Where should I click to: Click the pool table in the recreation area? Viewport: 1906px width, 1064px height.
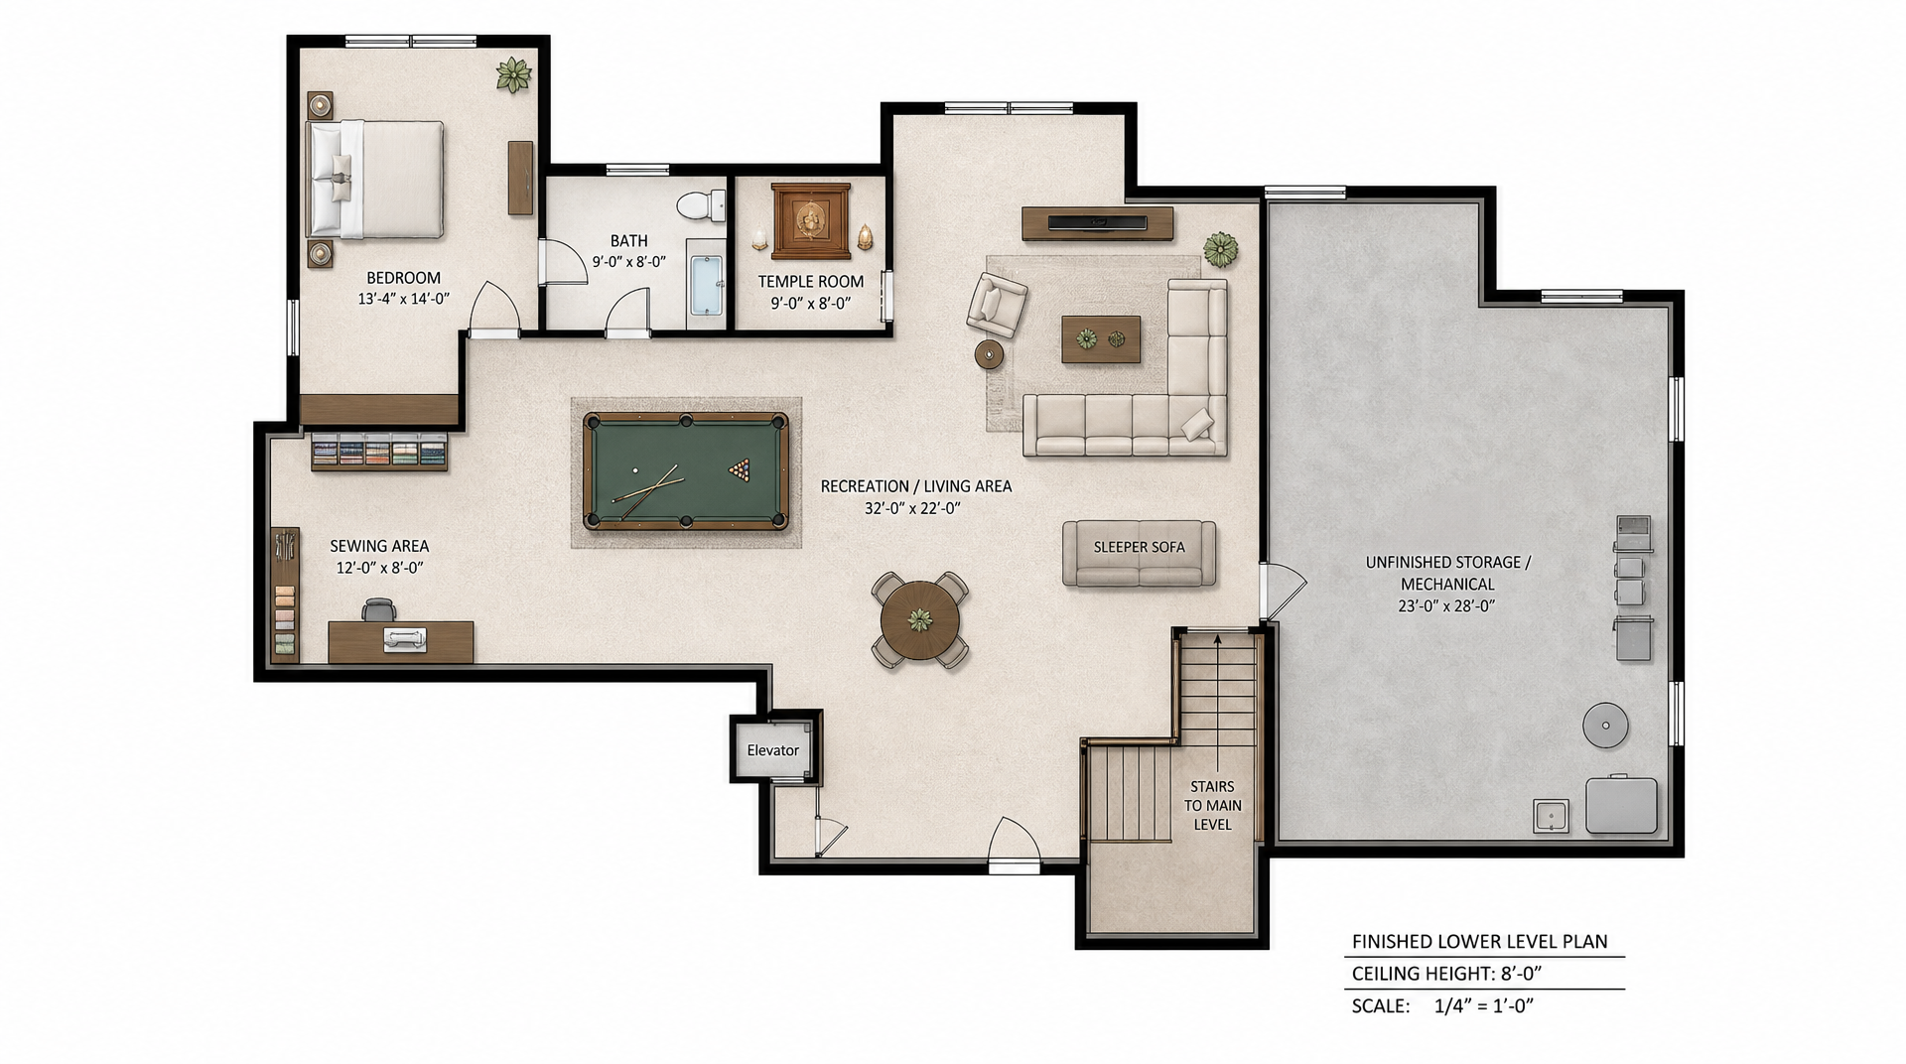[x=686, y=471]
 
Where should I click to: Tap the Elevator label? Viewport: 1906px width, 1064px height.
[x=772, y=750]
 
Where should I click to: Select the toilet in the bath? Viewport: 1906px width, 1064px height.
[x=702, y=205]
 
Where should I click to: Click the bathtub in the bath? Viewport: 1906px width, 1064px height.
[x=706, y=283]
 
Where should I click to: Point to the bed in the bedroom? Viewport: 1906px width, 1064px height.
[x=375, y=180]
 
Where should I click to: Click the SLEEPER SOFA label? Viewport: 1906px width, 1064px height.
[x=1139, y=547]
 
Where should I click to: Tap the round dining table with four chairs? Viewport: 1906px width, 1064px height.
[x=920, y=620]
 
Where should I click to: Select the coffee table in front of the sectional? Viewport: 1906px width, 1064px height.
[x=1101, y=339]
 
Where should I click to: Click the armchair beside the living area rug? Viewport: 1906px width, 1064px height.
[x=996, y=305]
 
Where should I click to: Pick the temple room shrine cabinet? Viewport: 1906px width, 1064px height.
[x=811, y=220]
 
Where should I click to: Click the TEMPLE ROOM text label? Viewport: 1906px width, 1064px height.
[x=811, y=282]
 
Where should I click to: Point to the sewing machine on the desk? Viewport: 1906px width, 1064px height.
[x=405, y=640]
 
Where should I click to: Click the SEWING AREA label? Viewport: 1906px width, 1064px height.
[x=379, y=546]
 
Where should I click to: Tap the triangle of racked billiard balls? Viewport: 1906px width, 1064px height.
[x=740, y=469]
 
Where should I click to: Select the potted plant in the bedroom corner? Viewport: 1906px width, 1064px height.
[x=513, y=74]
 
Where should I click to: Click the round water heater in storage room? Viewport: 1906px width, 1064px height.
[x=1605, y=726]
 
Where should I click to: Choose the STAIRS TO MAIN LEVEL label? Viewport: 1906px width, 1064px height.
[x=1212, y=805]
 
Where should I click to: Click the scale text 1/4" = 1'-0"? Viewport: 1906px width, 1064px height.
[x=1484, y=1005]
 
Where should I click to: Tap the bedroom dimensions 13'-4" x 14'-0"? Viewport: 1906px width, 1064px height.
[x=404, y=298]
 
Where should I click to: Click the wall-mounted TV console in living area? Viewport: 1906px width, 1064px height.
[x=1098, y=223]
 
